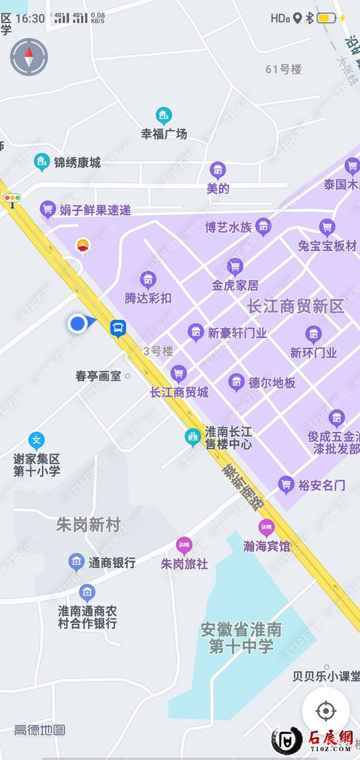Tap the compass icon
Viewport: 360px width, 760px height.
click(x=29, y=57)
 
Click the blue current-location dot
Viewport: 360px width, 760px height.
click(x=77, y=324)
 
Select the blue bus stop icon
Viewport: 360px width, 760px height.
click(x=118, y=328)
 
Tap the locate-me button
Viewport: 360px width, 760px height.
click(x=325, y=711)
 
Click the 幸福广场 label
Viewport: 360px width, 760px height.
click(x=164, y=134)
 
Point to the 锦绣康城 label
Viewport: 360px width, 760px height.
click(x=77, y=163)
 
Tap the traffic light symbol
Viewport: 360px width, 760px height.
click(x=11, y=197)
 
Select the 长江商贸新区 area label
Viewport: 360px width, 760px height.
click(x=296, y=307)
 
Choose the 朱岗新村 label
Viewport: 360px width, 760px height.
click(x=88, y=525)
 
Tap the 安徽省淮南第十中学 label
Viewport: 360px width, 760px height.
click(x=241, y=638)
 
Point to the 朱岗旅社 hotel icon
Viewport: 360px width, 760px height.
click(x=184, y=546)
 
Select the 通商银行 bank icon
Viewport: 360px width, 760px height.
click(x=76, y=562)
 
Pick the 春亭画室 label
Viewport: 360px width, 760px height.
click(x=98, y=377)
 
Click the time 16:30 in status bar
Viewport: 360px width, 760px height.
click(x=30, y=19)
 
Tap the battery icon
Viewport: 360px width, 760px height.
click(x=326, y=18)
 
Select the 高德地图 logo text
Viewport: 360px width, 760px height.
click(x=40, y=730)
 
